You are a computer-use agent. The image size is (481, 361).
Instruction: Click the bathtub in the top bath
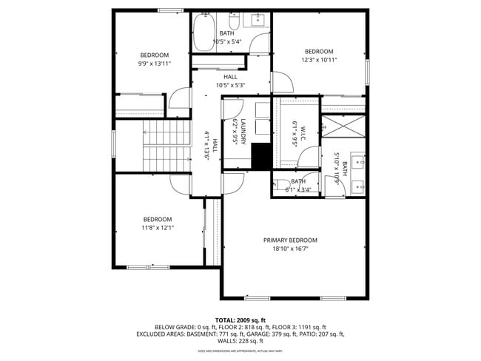point(203,33)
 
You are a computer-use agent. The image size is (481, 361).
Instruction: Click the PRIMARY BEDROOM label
point(290,240)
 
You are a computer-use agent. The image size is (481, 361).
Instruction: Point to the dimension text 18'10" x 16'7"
point(290,249)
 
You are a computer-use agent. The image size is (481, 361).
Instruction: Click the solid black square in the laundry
point(260,156)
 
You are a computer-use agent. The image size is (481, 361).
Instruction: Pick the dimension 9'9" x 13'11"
point(155,64)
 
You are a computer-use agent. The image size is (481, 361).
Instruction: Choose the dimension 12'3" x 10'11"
point(319,60)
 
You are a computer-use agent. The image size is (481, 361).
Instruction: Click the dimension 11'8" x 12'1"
point(157,228)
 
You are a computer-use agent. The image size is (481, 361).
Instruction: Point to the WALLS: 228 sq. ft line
point(240,341)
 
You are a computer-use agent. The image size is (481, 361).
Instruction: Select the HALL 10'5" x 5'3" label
point(230,81)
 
